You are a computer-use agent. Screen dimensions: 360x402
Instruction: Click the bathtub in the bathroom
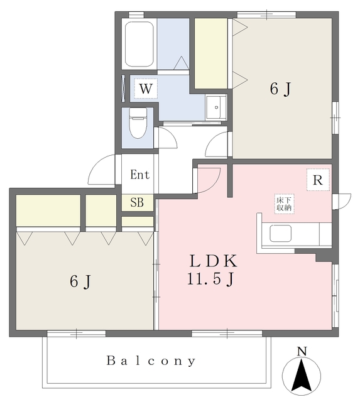pos(139,44)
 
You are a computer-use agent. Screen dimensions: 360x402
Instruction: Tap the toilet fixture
pos(138,123)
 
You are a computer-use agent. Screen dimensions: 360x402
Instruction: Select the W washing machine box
pos(145,89)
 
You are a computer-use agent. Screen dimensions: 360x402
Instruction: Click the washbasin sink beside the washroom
pos(216,107)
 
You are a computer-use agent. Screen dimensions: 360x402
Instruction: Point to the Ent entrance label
pos(139,175)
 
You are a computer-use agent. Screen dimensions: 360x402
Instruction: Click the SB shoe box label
pos(137,202)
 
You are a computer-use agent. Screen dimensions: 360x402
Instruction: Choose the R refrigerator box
pos(318,180)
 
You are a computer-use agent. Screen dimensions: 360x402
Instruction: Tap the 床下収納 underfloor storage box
pos(285,204)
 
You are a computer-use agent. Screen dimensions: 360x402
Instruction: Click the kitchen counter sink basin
pos(280,234)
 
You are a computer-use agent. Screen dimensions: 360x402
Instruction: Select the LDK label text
pos(213,261)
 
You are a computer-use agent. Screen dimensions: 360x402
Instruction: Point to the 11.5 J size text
pos(210,279)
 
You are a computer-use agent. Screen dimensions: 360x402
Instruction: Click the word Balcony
pos(151,361)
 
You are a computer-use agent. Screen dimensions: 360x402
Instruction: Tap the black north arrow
pos(302,374)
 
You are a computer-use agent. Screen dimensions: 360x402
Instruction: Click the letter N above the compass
pos(302,351)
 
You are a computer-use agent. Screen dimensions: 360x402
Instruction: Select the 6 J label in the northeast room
pos(281,89)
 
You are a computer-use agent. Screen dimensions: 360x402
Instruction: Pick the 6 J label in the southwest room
pos(80,281)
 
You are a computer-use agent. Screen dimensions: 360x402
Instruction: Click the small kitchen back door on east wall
pos(342,202)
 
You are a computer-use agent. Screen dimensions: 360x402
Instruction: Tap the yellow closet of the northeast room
pos(210,53)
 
